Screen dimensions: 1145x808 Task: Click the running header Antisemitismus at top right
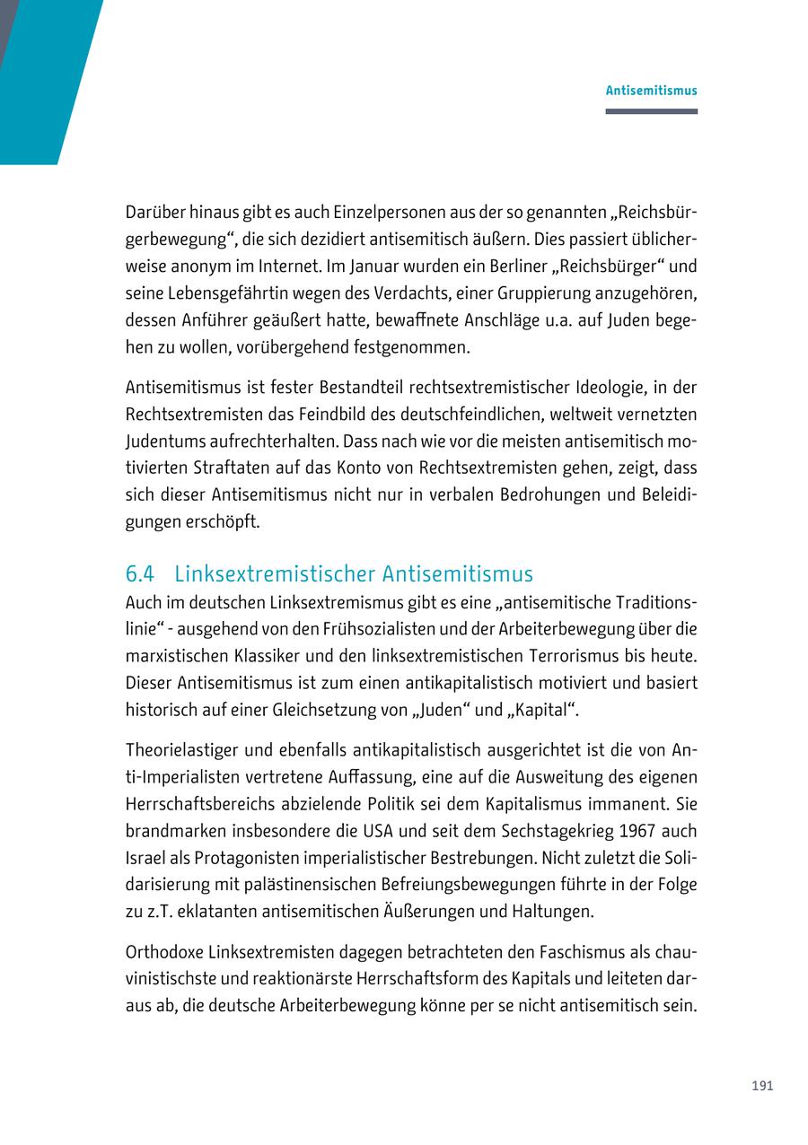[651, 91]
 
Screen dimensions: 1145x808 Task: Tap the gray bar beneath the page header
[651, 111]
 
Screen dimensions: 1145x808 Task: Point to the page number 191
[762, 1086]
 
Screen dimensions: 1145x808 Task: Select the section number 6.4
[140, 574]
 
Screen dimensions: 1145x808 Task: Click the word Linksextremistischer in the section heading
[275, 574]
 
